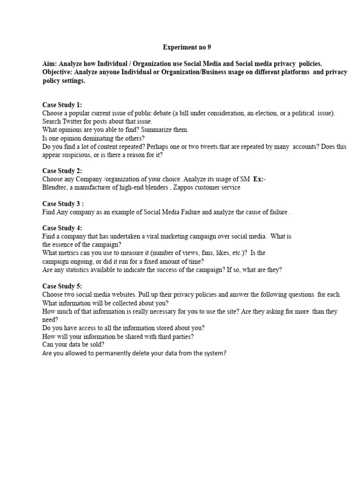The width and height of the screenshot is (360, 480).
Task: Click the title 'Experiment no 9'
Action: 184,47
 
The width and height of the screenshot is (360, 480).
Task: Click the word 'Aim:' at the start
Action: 50,63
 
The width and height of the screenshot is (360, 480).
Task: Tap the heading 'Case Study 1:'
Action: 62,105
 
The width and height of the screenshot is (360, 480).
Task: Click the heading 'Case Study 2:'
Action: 62,171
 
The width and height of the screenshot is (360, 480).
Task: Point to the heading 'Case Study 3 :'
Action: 63,203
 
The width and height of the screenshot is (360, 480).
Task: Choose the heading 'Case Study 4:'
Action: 62,228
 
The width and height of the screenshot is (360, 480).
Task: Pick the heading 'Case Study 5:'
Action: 62,286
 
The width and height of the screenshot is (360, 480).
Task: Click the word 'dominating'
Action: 102,138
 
